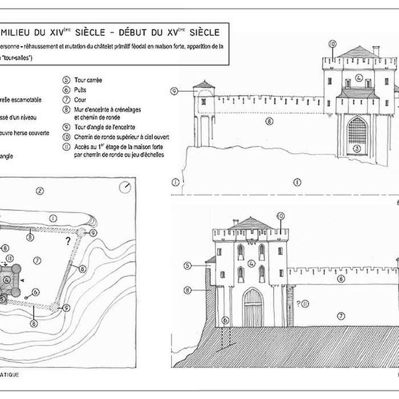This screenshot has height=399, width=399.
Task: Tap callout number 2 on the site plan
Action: click(x=39, y=191)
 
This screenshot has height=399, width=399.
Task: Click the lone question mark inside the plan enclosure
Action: click(x=68, y=241)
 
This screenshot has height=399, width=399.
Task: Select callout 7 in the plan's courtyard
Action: click(x=38, y=260)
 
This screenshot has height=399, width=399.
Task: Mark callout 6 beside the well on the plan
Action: click(x=36, y=292)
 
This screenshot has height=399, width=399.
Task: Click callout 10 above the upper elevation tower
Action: click(x=332, y=44)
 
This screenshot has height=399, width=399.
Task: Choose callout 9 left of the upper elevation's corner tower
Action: click(x=174, y=91)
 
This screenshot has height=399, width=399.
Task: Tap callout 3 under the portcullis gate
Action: click(x=357, y=149)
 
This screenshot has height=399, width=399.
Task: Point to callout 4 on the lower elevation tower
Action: click(x=251, y=263)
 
